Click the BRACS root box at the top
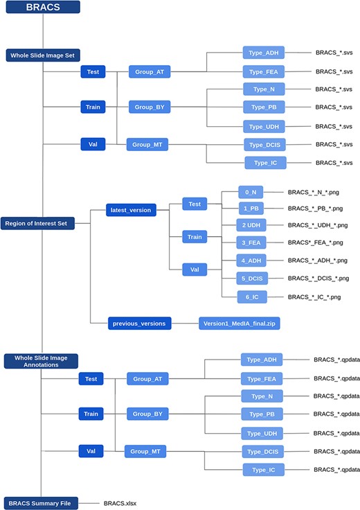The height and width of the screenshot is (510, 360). [x=43, y=8]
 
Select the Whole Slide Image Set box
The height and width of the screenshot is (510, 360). [x=42, y=55]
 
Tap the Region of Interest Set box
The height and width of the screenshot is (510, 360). [x=42, y=222]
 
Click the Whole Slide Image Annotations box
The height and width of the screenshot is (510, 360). [x=41, y=360]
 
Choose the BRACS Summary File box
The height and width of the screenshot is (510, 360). [x=41, y=502]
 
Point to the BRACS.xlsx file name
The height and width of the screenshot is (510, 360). [x=120, y=502]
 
